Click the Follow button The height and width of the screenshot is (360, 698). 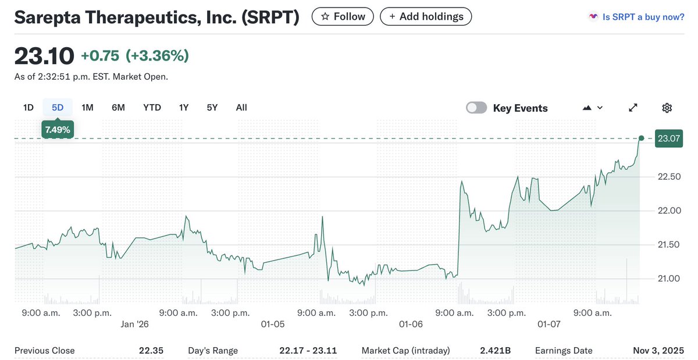point(343,16)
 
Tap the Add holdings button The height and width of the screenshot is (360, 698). point(425,16)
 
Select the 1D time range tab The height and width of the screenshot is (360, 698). point(29,108)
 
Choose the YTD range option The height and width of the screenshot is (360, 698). point(152,108)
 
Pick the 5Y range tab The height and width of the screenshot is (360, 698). point(212,108)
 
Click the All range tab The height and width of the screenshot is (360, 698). point(241,108)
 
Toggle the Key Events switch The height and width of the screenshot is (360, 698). point(476,108)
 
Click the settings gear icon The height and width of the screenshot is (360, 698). point(667,108)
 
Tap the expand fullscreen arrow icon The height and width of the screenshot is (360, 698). point(633,108)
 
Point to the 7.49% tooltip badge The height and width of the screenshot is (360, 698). point(57,130)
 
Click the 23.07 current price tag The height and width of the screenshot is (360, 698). point(668,138)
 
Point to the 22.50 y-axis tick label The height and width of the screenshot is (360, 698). point(668,176)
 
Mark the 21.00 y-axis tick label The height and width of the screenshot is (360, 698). point(668,279)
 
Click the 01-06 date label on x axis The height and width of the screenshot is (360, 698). point(411,324)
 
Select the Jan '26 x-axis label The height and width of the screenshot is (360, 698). point(135,324)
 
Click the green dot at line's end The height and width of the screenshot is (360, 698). point(641,138)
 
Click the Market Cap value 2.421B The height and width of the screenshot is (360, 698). point(496,351)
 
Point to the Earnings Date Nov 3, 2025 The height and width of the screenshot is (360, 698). point(658,351)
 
